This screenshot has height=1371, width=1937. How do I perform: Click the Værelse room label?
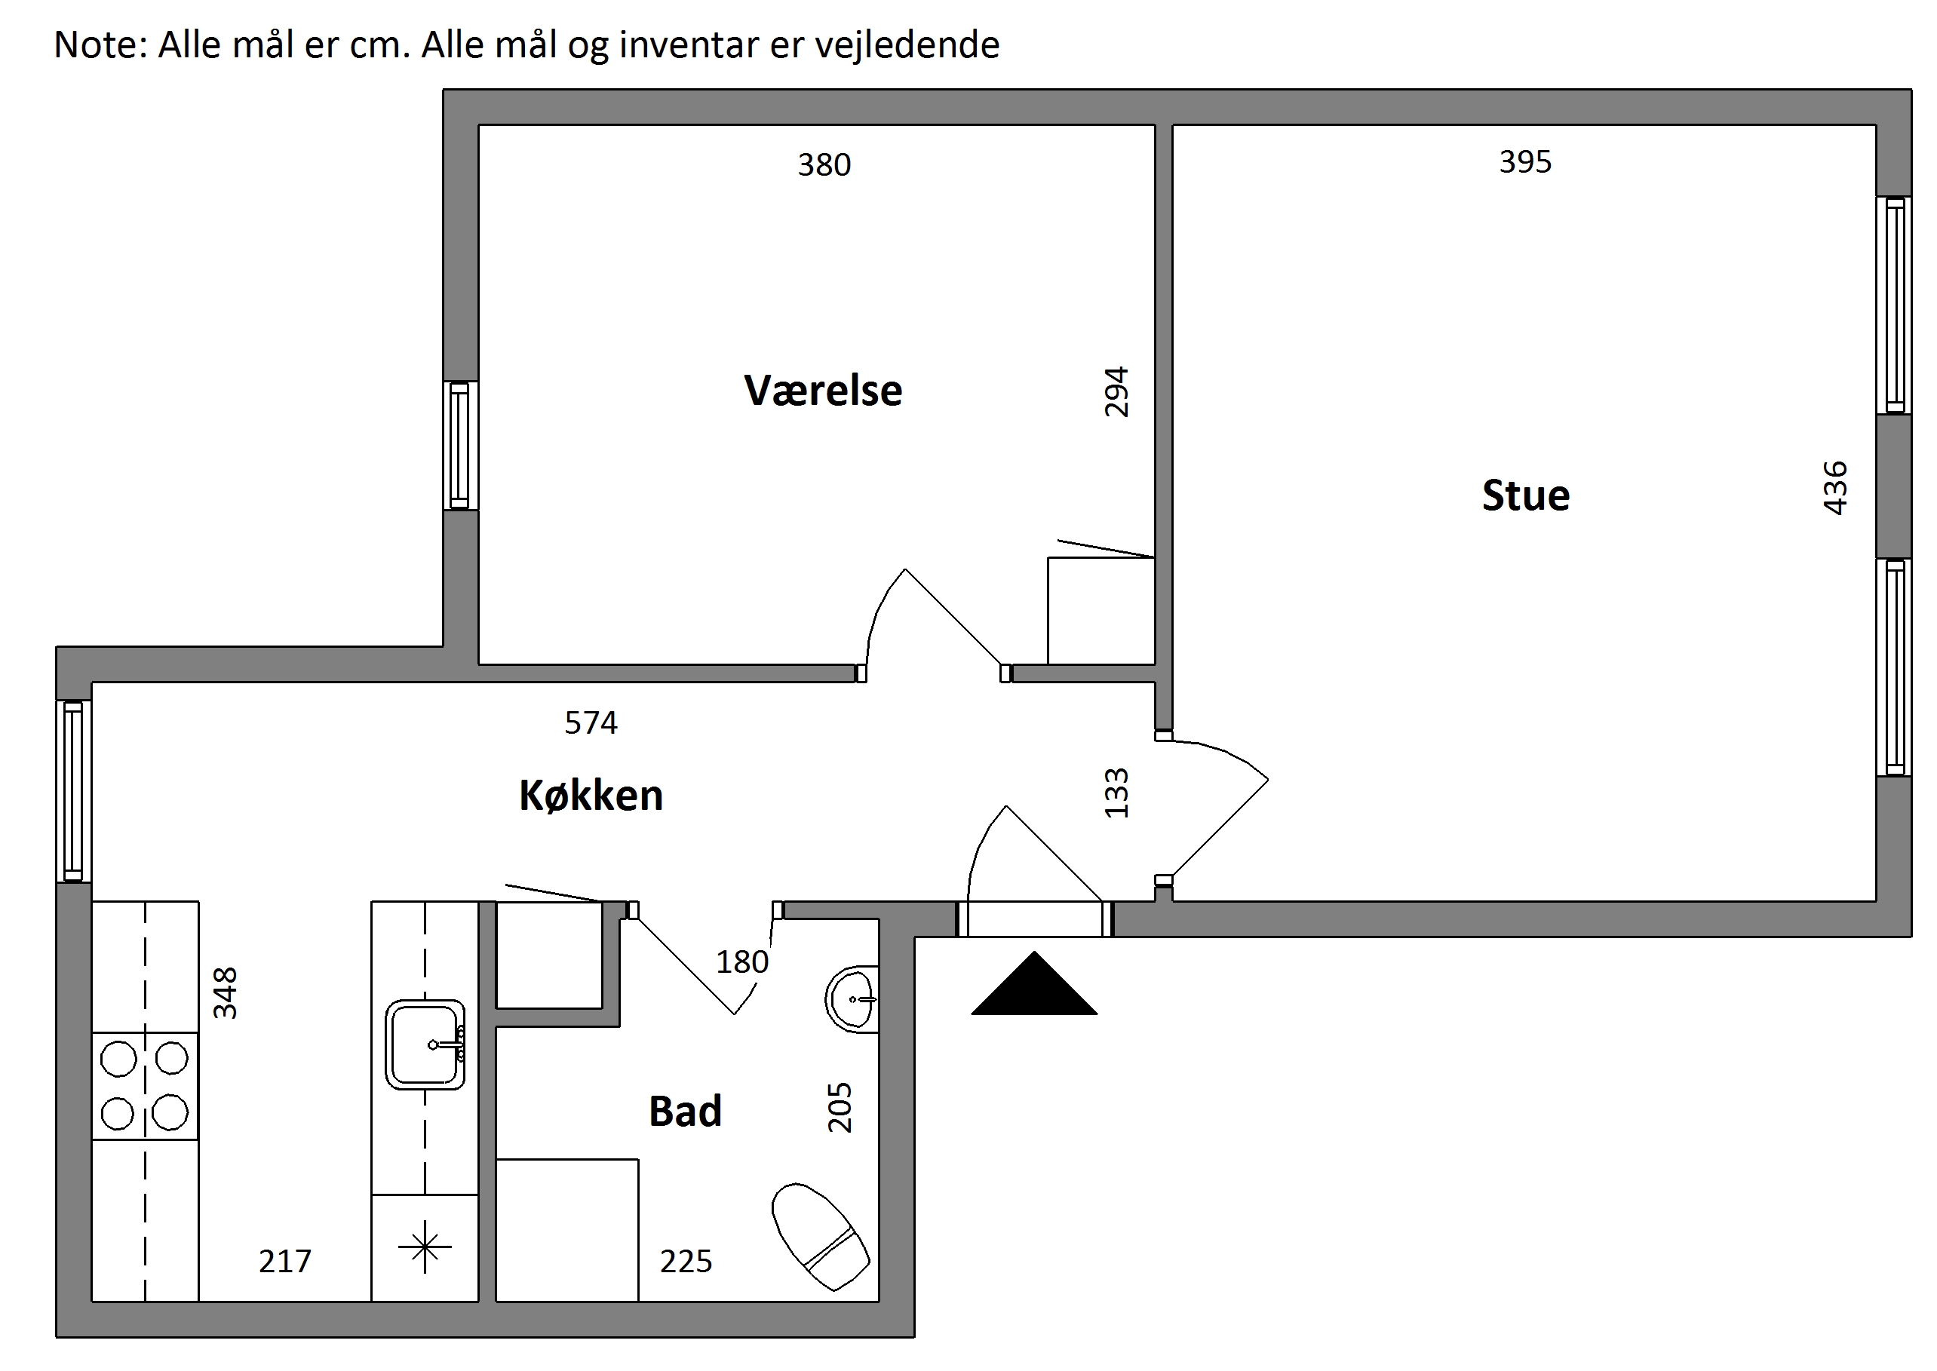823,391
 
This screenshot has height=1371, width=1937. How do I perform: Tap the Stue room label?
1526,495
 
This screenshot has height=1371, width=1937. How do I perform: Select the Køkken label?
591,796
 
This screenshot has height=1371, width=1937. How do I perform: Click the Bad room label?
685,1111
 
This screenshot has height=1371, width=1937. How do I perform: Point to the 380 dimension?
824,164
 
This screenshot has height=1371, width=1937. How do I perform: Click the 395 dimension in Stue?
1525,161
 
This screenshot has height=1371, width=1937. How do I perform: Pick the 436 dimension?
1836,488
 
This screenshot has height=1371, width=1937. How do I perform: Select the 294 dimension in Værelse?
1116,391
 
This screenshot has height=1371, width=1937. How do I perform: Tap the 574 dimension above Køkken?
591,722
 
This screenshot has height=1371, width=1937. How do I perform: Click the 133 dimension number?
1116,793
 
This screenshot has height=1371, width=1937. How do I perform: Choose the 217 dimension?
284,1261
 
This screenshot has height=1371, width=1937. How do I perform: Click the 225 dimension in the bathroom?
686,1261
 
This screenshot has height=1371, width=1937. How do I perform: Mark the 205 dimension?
840,1107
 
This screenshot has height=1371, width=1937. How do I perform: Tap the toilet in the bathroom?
820,1237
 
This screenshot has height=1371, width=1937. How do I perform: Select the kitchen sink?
425,1044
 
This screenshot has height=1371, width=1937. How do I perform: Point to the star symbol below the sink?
425,1247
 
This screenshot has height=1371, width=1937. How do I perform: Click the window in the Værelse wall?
460,446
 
